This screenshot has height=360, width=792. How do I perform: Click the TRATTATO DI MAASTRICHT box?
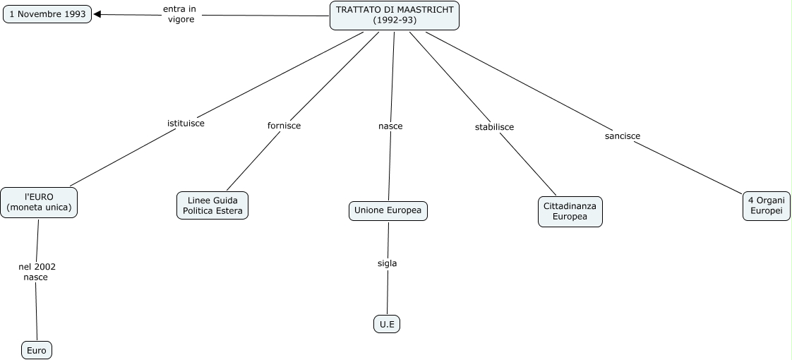[x=395, y=15]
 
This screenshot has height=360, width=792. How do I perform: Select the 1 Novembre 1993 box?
[x=47, y=14]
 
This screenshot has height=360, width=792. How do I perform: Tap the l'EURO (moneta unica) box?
[x=39, y=203]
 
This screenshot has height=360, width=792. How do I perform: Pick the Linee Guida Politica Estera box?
[x=212, y=205]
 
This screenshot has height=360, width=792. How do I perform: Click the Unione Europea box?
[x=388, y=210]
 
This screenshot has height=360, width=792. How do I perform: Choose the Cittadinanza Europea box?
[x=570, y=212]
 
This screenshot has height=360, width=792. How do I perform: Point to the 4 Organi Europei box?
[x=767, y=206]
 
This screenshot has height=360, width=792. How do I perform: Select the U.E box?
[x=387, y=324]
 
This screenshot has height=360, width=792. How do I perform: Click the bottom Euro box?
[x=37, y=350]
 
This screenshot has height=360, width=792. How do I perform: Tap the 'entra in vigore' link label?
[x=180, y=14]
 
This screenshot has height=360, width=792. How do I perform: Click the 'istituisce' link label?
[x=186, y=124]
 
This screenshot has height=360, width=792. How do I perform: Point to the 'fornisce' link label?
[x=284, y=126]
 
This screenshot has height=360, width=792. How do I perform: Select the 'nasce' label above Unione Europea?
[x=390, y=126]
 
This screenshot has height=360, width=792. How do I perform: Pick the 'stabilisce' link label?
[x=495, y=127]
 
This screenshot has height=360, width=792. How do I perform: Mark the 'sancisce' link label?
[x=623, y=136]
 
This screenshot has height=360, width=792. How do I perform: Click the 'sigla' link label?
[x=388, y=263]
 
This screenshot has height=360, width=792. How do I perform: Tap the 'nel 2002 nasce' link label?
[x=37, y=272]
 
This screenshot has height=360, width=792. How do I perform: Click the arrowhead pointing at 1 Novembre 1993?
[x=97, y=14]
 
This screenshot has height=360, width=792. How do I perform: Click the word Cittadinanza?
[x=570, y=206]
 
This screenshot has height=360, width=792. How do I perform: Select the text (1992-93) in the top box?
[x=395, y=20]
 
